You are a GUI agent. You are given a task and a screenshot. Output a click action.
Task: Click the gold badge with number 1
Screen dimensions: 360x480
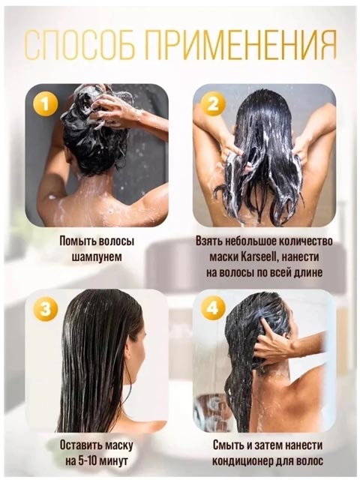click(46, 104)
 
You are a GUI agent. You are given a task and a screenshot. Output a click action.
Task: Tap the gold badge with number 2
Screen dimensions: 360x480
click(213, 104)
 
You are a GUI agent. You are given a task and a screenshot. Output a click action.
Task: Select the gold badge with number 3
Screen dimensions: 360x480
click(46, 309)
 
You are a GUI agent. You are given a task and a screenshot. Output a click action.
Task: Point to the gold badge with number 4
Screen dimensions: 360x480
click(213, 309)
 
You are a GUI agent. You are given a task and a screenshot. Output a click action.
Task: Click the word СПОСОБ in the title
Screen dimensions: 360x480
click(79, 45)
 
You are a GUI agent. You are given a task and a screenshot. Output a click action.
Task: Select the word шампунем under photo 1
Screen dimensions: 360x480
click(97, 256)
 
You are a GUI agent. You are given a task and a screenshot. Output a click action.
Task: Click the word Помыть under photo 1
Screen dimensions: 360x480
click(78, 241)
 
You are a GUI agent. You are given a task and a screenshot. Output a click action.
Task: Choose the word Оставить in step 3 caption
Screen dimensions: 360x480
click(80, 445)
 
